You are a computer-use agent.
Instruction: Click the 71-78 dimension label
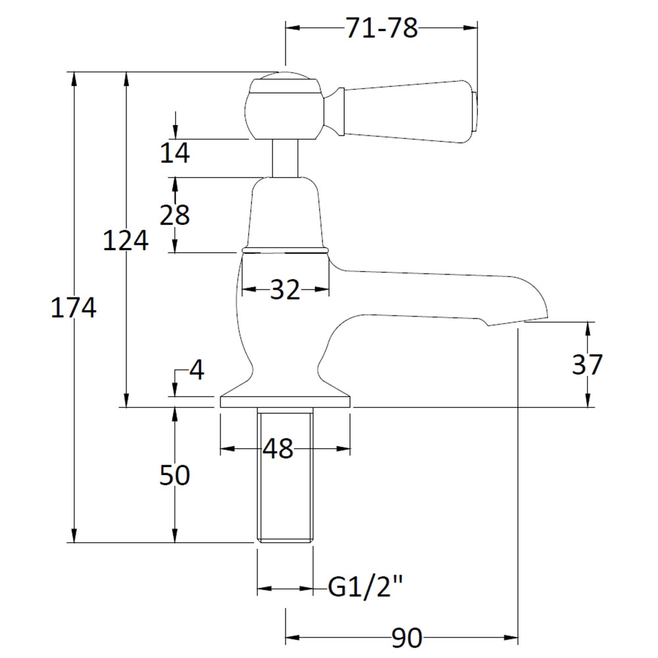point(382,28)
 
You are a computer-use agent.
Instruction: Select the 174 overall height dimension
point(74,307)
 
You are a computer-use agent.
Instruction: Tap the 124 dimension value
point(126,241)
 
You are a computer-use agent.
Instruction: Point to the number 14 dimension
point(175,153)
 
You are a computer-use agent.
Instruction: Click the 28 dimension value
point(175,215)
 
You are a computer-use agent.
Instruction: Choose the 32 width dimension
point(286,290)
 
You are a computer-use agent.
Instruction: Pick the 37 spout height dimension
point(588,365)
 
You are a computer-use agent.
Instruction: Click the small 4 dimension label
point(197,370)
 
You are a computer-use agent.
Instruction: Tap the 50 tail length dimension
point(174,476)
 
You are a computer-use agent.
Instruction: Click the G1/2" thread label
point(365,586)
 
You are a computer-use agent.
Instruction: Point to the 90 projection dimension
point(407,638)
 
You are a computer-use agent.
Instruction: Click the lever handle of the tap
point(403,111)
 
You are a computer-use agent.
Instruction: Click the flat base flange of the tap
point(286,401)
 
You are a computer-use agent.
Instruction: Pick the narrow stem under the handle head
point(286,158)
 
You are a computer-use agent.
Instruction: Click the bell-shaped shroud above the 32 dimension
point(286,214)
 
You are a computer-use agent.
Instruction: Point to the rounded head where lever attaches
point(286,107)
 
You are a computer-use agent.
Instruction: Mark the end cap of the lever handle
point(475,111)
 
